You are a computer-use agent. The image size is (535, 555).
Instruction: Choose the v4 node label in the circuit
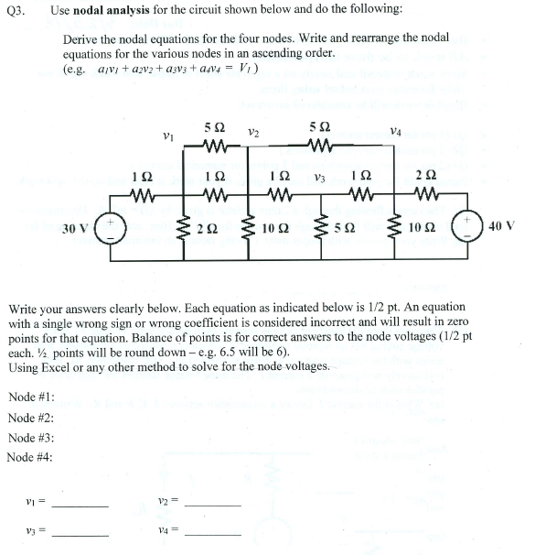395,132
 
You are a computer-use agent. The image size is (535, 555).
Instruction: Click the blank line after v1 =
80,506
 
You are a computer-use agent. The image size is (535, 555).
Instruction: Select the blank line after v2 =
213,506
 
